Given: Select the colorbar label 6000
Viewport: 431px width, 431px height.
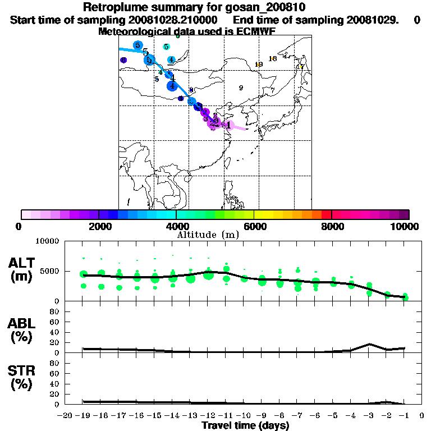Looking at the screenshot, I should (254, 226).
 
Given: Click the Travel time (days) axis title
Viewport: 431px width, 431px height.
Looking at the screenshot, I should (245, 425).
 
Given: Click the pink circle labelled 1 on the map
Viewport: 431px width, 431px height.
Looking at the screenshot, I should (228, 125).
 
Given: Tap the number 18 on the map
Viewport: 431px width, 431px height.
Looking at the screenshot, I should (273, 58).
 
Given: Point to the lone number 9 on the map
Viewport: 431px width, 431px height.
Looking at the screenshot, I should (241, 88).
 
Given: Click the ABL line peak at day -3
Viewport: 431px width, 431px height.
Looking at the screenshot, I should (369, 344).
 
